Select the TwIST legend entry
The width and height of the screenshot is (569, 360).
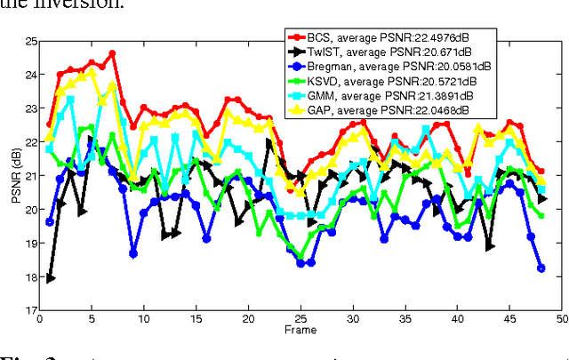coord(392,52)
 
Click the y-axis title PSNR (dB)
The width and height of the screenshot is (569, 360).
coord(15,176)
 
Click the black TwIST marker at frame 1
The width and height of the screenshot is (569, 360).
coord(51,277)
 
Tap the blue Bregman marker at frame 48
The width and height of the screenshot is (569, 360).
coord(541,268)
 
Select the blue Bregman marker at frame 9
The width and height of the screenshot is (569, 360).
coord(133,253)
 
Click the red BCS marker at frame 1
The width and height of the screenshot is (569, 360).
coord(51,125)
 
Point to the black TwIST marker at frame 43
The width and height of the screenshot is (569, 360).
coord(489,245)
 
